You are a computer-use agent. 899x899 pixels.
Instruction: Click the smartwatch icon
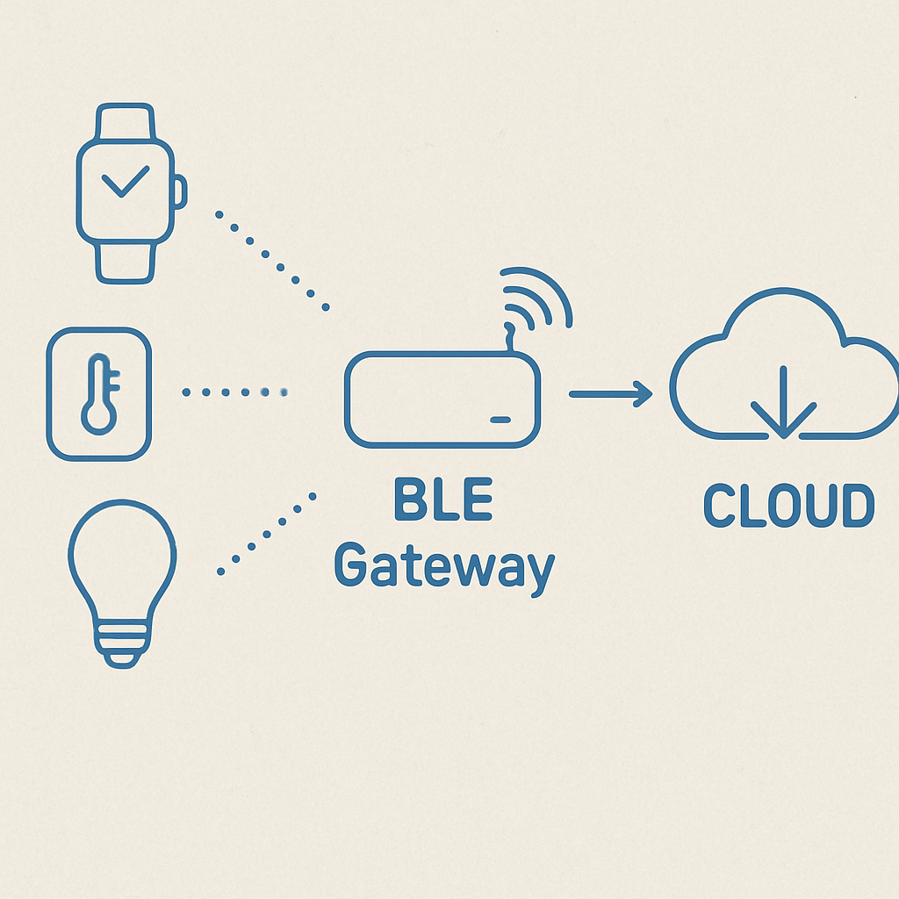point(126,193)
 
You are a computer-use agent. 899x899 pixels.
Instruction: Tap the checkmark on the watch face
point(125,183)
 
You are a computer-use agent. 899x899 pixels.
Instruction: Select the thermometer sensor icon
point(98,393)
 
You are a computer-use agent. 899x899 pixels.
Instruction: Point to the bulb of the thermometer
point(97,415)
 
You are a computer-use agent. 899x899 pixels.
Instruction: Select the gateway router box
point(442,399)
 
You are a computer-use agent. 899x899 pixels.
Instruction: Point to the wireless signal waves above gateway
point(537,298)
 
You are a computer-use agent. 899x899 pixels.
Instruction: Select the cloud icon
point(783,369)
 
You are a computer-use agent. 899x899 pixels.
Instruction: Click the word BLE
point(442,502)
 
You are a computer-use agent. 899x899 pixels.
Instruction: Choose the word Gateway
point(444,568)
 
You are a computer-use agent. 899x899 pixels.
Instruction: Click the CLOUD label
point(789,507)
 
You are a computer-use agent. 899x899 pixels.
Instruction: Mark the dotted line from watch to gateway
point(271,261)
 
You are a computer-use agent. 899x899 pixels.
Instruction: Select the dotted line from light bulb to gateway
point(267,533)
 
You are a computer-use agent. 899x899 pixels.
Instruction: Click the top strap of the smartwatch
point(125,123)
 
